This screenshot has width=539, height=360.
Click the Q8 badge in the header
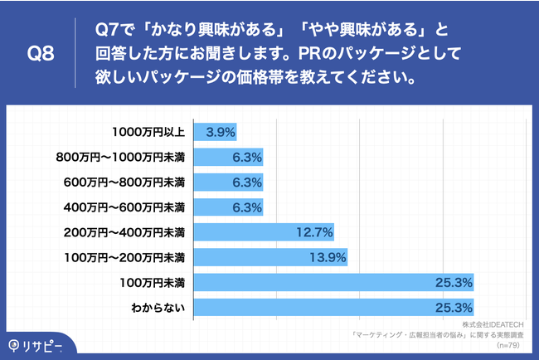pos(41,55)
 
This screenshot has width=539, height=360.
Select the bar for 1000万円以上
pos(215,131)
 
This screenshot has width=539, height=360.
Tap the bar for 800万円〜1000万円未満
pos(228,156)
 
